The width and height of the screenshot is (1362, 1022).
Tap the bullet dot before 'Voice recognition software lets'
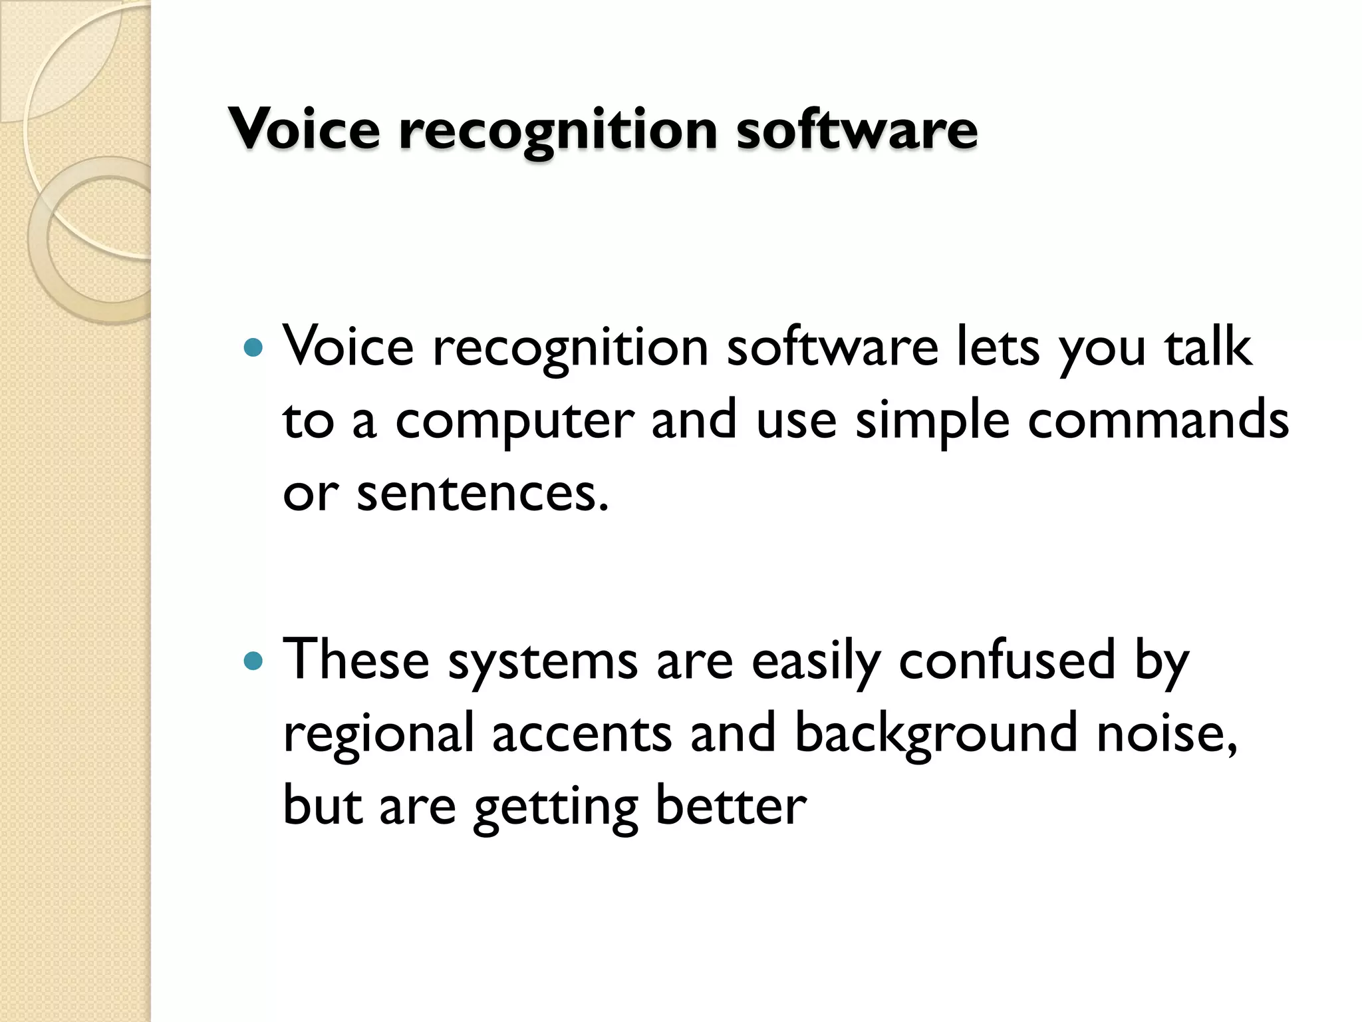(254, 347)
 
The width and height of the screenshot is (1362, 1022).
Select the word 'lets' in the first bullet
(997, 347)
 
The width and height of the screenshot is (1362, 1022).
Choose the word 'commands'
(1158, 421)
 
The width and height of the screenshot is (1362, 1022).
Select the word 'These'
(356, 660)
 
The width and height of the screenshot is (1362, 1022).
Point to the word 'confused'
(1007, 660)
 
